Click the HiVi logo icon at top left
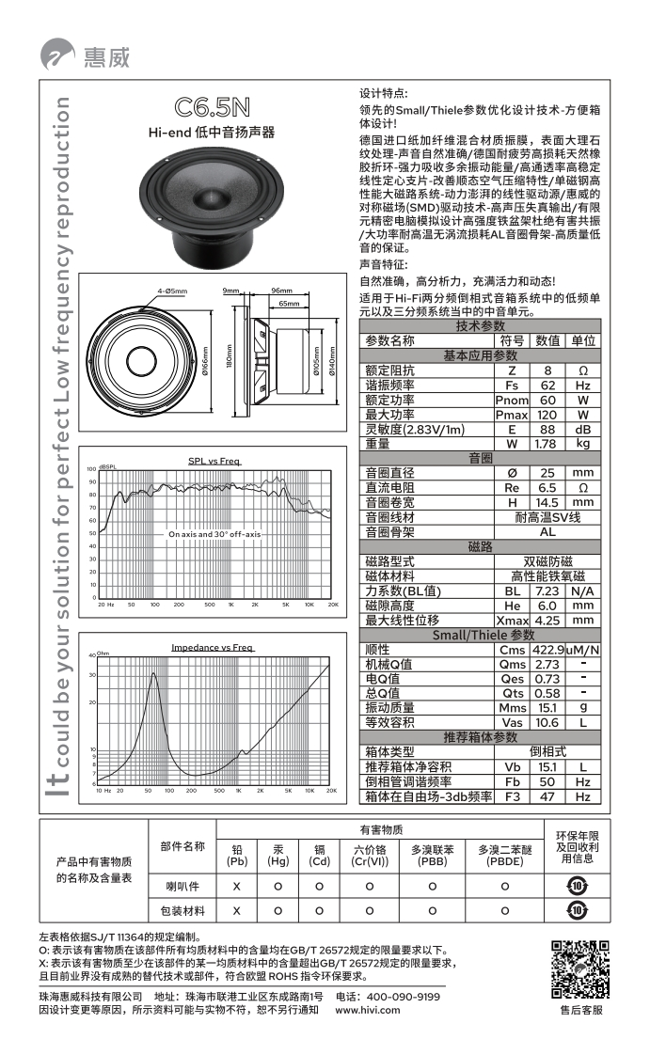pyautogui.click(x=58, y=56)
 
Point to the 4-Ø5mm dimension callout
pyautogui.click(x=172, y=291)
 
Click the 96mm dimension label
pyautogui.click(x=281, y=291)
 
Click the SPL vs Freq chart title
pyautogui.click(x=214, y=461)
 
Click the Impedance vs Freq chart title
pyautogui.click(x=212, y=648)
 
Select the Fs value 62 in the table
pyautogui.click(x=547, y=386)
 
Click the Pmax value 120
pyautogui.click(x=547, y=415)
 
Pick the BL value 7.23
pyautogui.click(x=547, y=591)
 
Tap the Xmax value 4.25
pyautogui.click(x=547, y=621)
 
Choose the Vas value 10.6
pyautogui.click(x=547, y=722)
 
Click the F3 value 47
pyautogui.click(x=547, y=796)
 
